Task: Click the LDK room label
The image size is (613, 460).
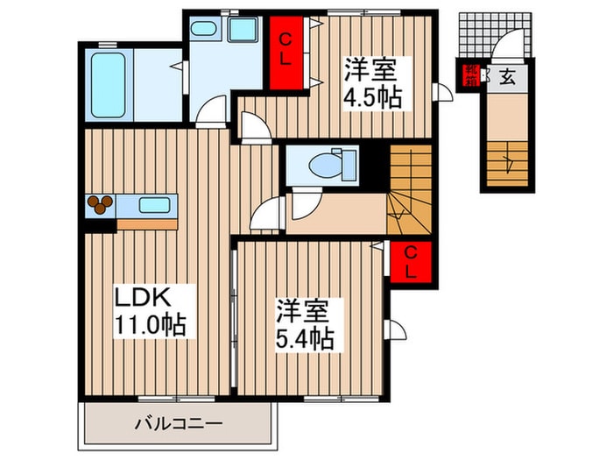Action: (142, 297)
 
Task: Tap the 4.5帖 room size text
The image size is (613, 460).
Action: (372, 97)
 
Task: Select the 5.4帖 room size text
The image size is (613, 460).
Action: (305, 339)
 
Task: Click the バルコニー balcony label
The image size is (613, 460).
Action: (179, 423)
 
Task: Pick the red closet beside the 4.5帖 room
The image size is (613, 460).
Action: (286, 53)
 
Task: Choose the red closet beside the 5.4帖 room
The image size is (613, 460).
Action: (410, 262)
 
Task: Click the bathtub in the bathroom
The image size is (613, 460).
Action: (109, 85)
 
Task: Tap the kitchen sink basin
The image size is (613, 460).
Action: (155, 205)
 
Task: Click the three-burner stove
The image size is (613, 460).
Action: (100, 204)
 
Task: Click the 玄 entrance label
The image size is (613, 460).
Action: (507, 77)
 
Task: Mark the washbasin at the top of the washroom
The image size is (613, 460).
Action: (204, 29)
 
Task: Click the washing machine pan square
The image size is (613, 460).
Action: (243, 29)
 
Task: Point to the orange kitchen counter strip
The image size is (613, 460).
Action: (147, 224)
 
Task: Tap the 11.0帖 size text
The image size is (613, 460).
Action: (150, 325)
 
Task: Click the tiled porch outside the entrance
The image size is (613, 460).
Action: (495, 35)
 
